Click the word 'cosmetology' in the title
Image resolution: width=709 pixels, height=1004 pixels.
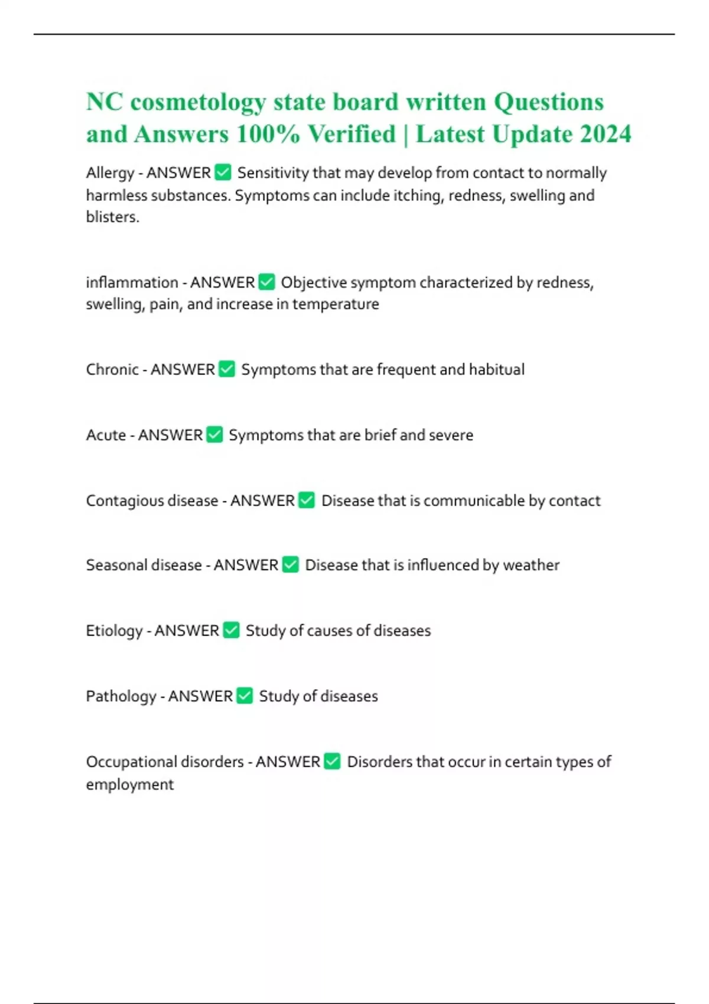pos(198,103)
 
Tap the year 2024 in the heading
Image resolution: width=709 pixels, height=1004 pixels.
pos(606,134)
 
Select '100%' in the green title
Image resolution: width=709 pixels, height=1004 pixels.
pos(268,134)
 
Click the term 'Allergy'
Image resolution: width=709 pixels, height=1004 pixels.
pos(110,173)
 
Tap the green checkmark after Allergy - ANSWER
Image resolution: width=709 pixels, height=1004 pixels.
pos(223,172)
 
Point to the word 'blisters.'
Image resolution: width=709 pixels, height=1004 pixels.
pos(112,217)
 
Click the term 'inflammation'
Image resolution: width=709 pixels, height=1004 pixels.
pos(132,282)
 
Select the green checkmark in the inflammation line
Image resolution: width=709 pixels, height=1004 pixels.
pos(267,282)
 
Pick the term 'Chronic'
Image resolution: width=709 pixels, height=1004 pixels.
pos(112,370)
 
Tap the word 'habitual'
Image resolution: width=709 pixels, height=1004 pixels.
pos(496,370)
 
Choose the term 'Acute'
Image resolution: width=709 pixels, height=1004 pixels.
pos(106,435)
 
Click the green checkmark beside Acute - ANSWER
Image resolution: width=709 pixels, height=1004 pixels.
pos(215,435)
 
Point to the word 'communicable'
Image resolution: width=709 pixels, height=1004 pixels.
pos(474,501)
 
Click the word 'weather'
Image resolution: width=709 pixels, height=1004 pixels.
pos(531,565)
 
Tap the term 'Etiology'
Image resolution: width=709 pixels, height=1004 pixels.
pos(114,631)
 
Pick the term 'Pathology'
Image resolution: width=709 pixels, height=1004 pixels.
pos(121,696)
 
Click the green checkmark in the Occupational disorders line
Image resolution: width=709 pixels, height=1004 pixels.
pos(333,761)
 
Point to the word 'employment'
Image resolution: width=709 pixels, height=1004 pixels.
pos(130,785)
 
